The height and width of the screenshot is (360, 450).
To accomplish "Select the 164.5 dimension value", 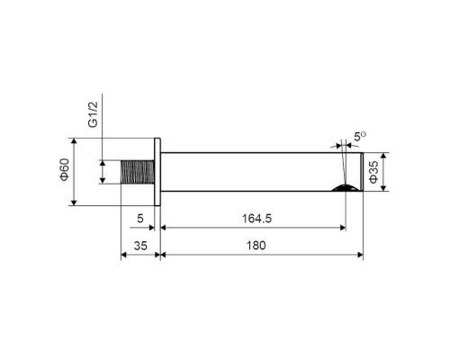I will click(x=252, y=217).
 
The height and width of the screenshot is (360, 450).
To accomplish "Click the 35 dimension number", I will click(x=139, y=244).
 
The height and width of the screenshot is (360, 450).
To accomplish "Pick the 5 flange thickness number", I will click(x=140, y=217).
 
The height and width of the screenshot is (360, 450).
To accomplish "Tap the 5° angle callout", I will click(x=359, y=136).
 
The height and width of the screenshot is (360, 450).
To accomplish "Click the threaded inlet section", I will click(x=138, y=172).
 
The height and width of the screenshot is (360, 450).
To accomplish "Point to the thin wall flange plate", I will click(x=158, y=172).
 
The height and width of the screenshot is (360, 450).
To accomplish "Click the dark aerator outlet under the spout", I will click(x=343, y=188).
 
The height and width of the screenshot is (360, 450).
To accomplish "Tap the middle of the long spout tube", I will click(x=261, y=172).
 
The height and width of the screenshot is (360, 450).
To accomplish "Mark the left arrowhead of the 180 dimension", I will click(x=165, y=255).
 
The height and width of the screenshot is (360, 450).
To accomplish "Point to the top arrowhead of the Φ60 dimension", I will click(x=73, y=142).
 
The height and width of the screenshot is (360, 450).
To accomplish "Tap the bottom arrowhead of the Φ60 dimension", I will click(x=73, y=202).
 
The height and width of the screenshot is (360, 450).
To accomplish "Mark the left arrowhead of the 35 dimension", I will click(x=124, y=255).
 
